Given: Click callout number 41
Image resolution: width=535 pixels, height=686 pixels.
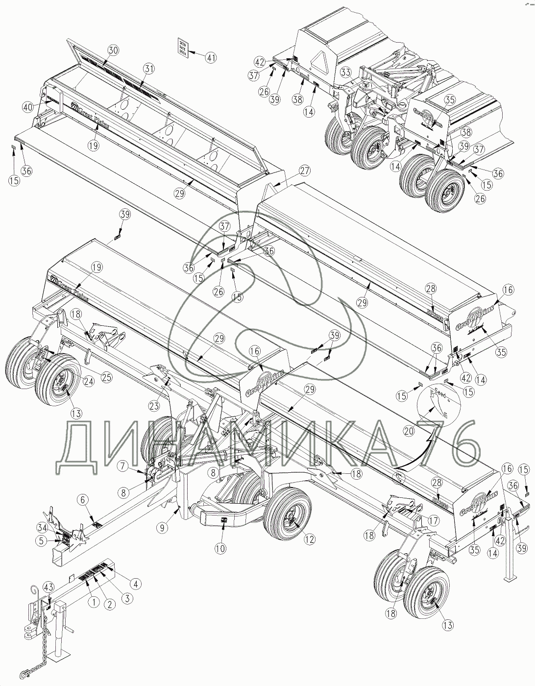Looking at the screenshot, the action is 210,57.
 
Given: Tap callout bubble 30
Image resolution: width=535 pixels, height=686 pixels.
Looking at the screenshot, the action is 113,50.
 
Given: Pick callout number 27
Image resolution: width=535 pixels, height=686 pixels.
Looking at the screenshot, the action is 305,171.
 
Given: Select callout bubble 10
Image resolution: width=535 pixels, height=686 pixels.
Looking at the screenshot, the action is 220,548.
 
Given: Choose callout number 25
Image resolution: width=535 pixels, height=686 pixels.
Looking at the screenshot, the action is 106,376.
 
